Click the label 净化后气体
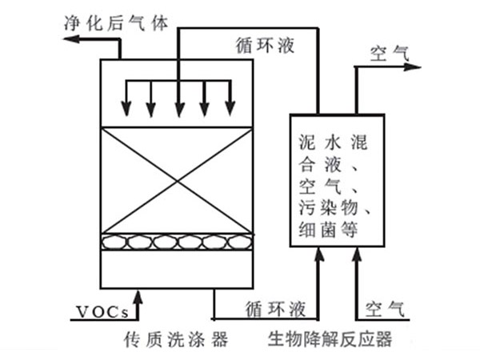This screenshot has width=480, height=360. (x=117, y=23)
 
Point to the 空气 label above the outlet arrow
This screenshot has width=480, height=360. (x=390, y=53)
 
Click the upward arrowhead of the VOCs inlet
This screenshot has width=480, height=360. (x=140, y=298)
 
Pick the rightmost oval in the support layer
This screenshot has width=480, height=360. (x=238, y=242)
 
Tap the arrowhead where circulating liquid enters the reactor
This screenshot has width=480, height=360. (x=318, y=255)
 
